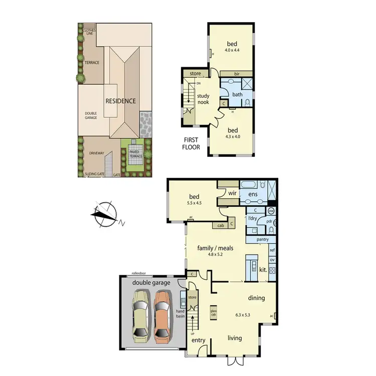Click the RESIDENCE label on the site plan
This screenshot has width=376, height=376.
tap(120, 101)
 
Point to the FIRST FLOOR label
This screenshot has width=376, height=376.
tap(192, 144)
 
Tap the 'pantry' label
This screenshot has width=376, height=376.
tap(262, 239)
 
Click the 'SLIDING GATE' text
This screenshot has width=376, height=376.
tap(94, 174)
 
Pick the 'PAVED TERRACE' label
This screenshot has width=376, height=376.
tap(136, 154)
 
